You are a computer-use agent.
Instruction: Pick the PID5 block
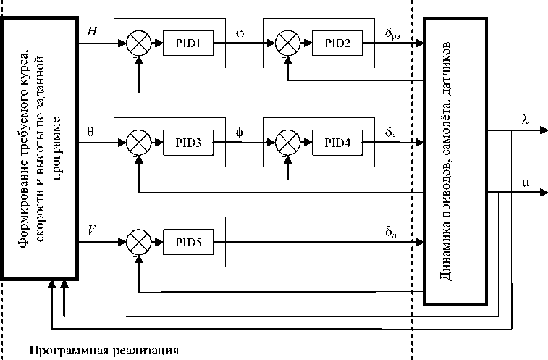188,241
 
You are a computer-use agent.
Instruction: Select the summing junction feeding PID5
138,241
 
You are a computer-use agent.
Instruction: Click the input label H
91,32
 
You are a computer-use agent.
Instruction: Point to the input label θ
90,132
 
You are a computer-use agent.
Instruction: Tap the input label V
91,230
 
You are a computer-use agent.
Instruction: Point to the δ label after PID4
392,133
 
